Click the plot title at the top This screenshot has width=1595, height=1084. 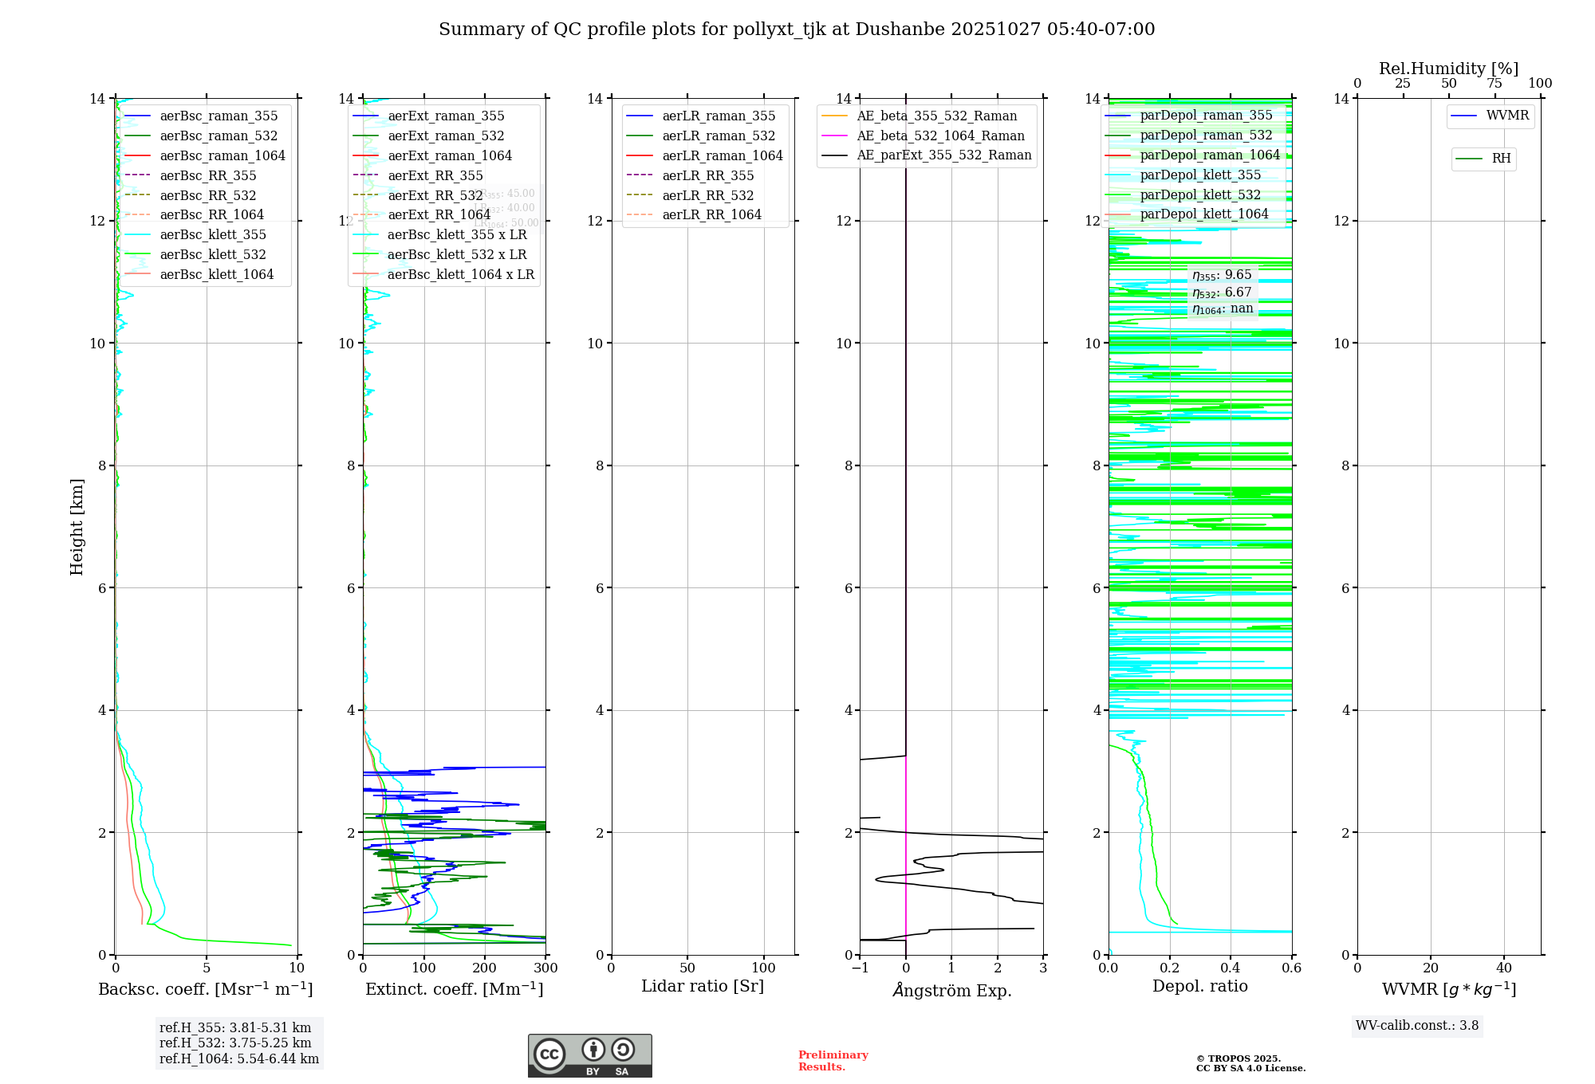point(797,29)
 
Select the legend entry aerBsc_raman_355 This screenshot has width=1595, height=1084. point(219,116)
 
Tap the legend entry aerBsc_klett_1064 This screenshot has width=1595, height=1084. point(216,275)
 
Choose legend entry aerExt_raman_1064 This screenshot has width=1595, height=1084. point(450,156)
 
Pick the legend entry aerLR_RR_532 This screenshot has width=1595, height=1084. point(707,196)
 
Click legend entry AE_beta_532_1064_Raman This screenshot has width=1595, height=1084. point(940,136)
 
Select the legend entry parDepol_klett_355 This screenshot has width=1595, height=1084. point(1200,175)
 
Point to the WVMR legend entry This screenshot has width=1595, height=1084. point(1507,116)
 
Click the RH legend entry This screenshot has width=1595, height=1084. point(1501,159)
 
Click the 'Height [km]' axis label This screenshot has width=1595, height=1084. point(77,527)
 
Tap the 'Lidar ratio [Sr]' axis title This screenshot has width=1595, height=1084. point(703,987)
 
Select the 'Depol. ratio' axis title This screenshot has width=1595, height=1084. point(1200,987)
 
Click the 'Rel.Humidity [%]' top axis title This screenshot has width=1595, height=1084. point(1449,69)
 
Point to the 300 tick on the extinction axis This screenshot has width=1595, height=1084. point(545,968)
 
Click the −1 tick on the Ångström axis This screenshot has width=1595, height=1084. point(860,968)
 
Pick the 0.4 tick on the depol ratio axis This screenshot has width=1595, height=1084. point(1231,968)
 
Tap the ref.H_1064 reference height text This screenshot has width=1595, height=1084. point(239,1059)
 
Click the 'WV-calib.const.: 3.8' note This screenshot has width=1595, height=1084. point(1417,1026)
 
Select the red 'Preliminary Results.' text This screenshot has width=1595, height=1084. point(833,1061)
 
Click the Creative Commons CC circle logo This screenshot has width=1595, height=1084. point(549,1055)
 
